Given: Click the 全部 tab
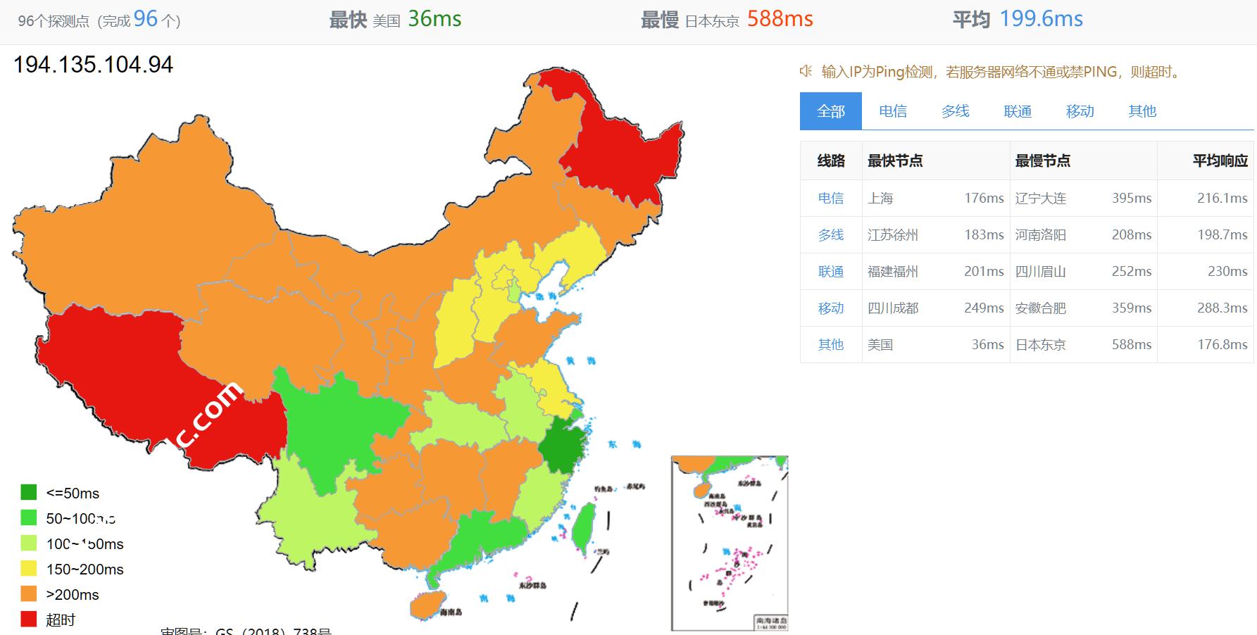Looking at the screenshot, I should point(830,111).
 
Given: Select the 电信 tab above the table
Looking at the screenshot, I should point(892,111).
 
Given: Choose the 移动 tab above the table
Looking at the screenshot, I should point(1080,111).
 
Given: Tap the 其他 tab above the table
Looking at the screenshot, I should point(1142,111).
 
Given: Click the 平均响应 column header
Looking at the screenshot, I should point(1220,161).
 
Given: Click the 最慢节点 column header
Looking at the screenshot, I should point(1042,161).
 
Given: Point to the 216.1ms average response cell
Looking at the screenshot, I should point(1222,199).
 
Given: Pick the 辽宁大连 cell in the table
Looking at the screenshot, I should point(1040,199).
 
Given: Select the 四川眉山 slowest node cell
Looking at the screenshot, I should point(1040,272).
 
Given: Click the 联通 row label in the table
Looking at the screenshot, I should point(830,272).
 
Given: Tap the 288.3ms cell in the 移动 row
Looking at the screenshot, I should point(1222,308).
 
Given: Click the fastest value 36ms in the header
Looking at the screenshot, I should point(434,19).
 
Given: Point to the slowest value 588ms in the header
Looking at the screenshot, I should point(780,19).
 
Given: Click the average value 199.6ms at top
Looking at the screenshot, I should point(1041,19).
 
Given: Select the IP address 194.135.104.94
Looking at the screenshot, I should point(93,65).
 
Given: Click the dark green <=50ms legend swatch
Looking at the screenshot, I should point(29,492).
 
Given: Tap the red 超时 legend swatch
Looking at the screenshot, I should point(29,619).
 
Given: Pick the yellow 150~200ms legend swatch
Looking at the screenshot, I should point(29,568).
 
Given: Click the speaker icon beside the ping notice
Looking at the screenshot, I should point(806,71).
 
